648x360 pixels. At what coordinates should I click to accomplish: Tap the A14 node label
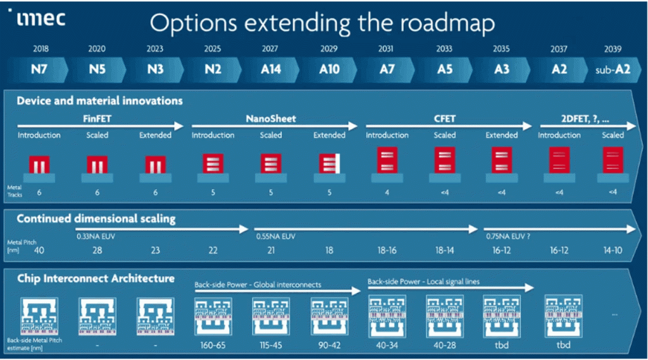coord(271,69)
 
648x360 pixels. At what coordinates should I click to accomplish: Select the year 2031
coord(385,49)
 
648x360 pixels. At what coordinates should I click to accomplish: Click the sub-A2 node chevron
coord(613,70)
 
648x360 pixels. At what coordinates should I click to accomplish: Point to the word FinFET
coord(97,119)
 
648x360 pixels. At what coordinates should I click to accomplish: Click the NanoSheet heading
coord(271,119)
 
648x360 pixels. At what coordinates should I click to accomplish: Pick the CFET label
coord(445,119)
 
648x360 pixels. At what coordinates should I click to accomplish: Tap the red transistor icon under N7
coord(39,164)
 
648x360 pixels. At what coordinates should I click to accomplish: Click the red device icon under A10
coord(329,163)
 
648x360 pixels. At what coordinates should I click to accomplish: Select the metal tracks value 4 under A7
coord(387,192)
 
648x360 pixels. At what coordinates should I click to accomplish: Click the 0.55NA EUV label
coord(276,237)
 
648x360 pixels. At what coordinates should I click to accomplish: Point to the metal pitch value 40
coord(39,250)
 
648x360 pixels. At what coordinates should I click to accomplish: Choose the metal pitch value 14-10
coord(613,250)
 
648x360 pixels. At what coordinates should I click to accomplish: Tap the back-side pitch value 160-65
coord(213,345)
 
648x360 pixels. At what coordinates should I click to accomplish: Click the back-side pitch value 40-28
coord(445,345)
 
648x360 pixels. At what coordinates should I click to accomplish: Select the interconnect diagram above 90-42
coord(329,316)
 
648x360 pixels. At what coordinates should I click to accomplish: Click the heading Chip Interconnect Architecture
coord(96,278)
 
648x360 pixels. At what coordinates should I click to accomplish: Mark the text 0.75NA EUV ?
coord(508,237)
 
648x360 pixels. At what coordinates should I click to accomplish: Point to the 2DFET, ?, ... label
coord(585,119)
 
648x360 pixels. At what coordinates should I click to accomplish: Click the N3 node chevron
coord(156,70)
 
